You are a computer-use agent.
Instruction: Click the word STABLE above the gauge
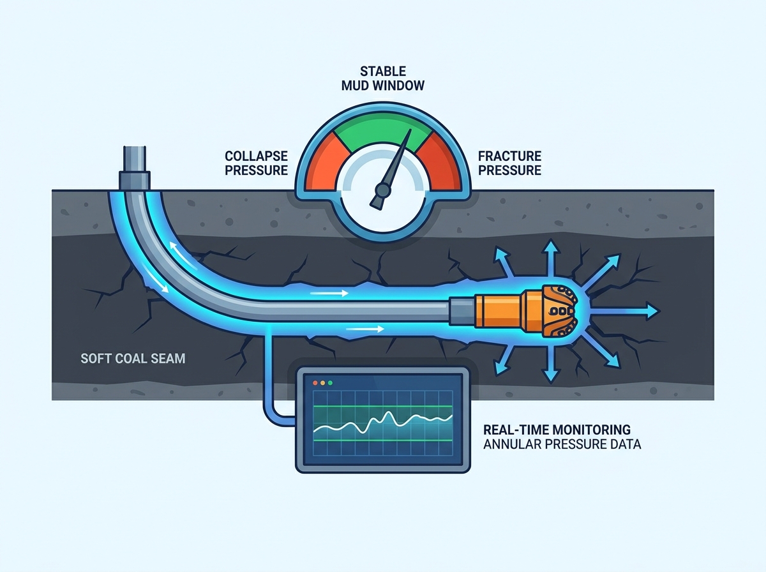point(383,71)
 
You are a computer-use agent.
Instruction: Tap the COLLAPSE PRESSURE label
point(256,163)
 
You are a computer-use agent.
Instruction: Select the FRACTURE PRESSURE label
point(509,163)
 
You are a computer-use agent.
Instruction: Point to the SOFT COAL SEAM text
point(133,358)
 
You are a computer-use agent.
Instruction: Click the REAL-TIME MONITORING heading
point(557,429)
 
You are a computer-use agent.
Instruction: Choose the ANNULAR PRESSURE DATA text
point(562,444)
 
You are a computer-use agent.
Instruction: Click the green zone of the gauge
point(383,133)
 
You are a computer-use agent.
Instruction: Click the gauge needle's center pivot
point(382,190)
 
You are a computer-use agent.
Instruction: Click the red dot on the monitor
point(315,383)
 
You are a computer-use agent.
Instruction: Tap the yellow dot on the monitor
point(323,383)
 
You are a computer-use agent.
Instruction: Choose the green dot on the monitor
point(330,383)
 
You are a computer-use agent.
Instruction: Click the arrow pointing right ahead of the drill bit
point(625,311)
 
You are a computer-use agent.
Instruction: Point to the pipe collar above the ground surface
point(135,180)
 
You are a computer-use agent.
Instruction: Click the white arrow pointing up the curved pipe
point(183,255)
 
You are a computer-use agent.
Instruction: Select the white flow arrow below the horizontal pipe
point(365,329)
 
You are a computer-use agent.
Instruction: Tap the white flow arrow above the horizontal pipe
point(329,293)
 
